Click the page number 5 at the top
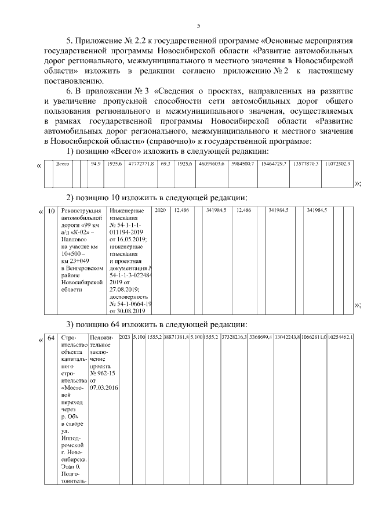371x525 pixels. point(198,26)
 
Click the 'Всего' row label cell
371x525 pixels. point(62,164)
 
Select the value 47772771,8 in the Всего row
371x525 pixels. point(141,164)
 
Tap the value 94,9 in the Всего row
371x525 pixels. point(96,164)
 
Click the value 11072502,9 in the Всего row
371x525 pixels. point(337,164)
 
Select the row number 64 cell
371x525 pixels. point(51,338)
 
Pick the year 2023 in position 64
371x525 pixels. point(125,337)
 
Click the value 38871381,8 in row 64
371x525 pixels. point(176,337)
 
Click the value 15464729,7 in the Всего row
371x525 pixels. point(274,164)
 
